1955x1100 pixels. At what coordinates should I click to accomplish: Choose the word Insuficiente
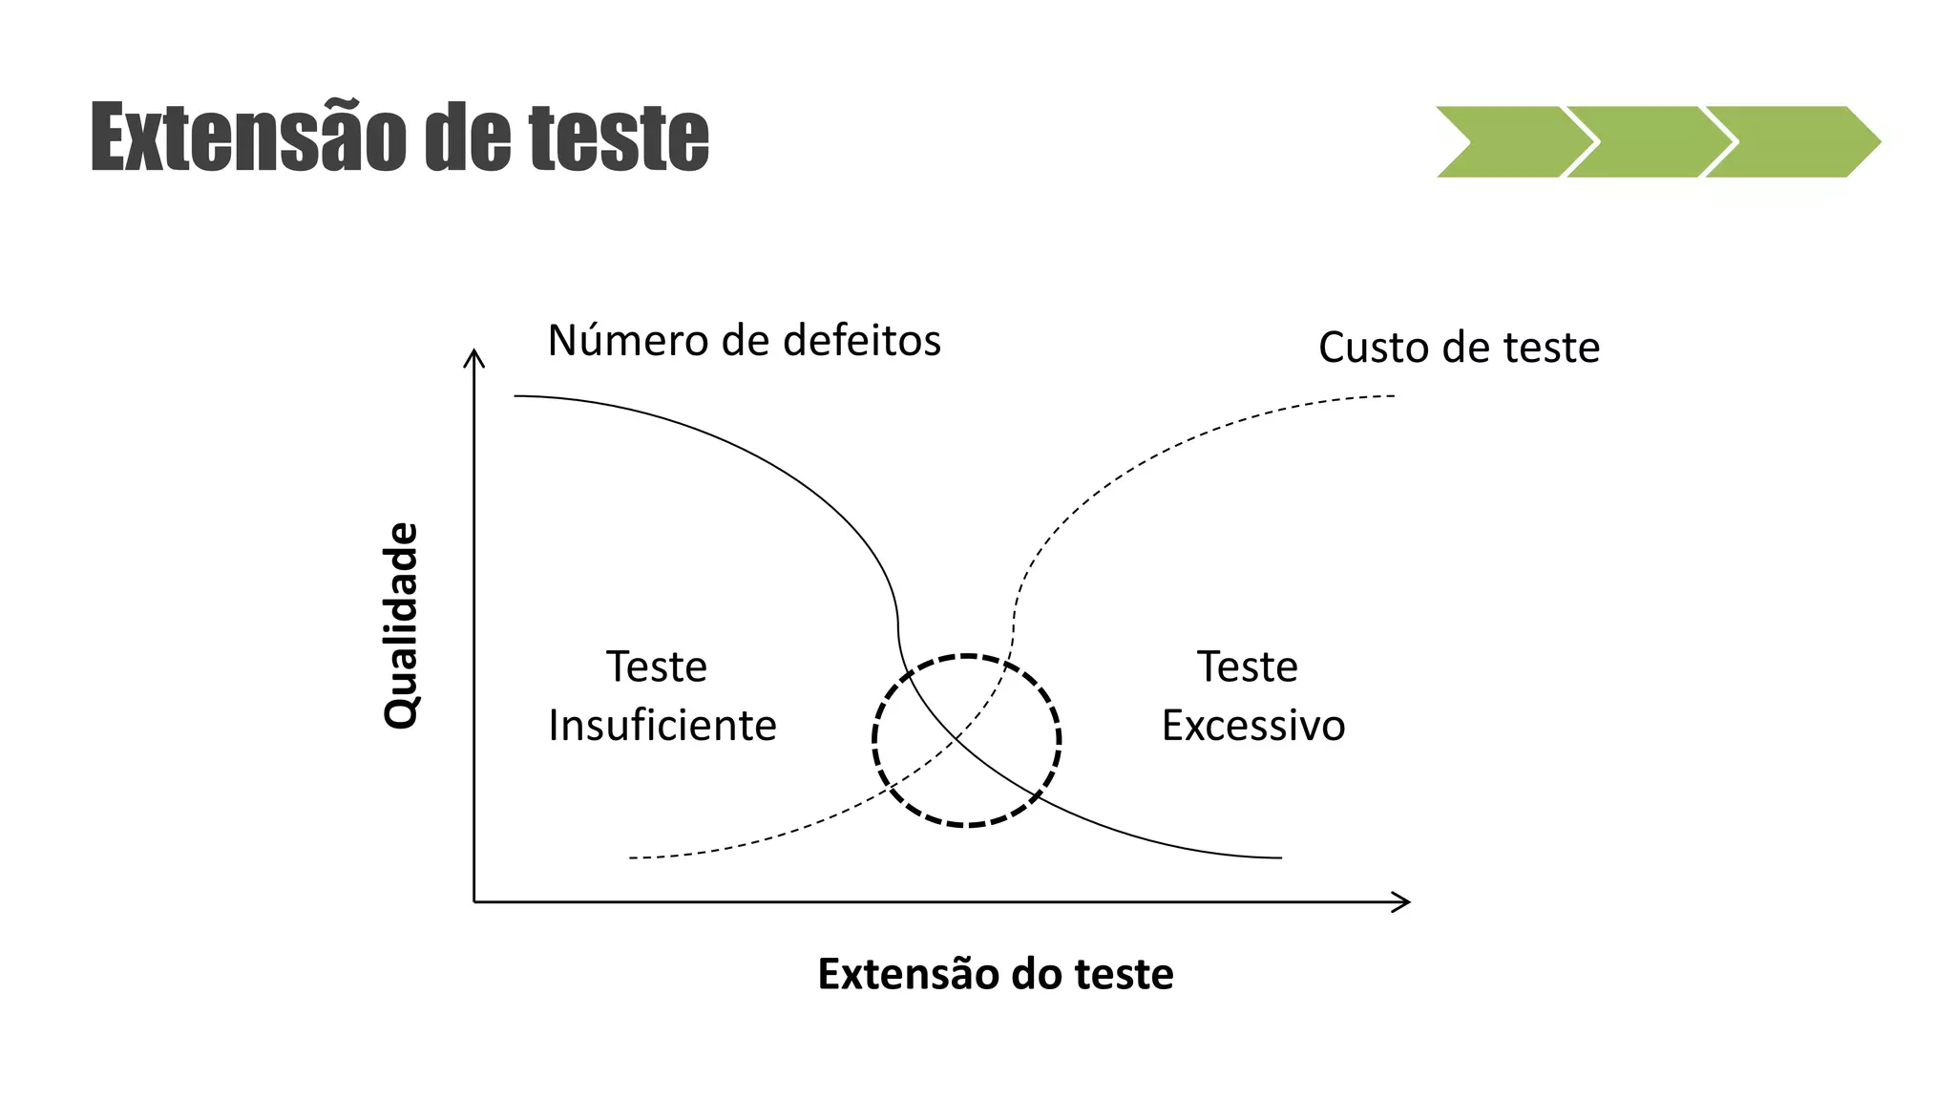(662, 726)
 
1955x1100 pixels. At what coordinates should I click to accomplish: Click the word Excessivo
(1253, 726)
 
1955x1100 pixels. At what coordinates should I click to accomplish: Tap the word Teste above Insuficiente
(657, 666)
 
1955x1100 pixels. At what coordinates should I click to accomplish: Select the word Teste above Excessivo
(1248, 666)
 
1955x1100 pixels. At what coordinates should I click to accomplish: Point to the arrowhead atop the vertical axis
(474, 357)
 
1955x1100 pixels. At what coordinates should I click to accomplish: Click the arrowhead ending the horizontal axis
(1402, 901)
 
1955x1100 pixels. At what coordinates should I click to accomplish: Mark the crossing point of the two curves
(957, 738)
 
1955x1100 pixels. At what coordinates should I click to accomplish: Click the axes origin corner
(474, 901)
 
